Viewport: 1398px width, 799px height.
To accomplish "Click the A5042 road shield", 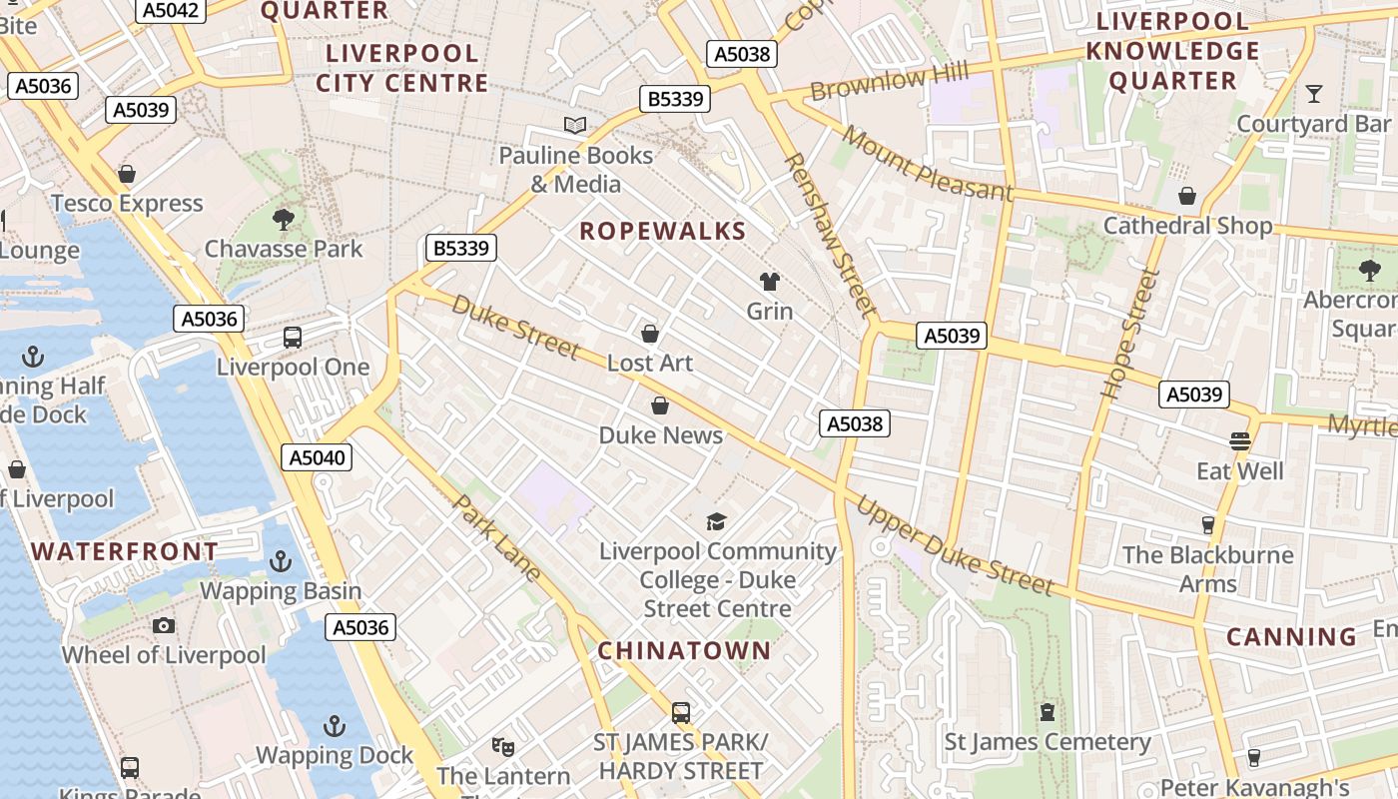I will tap(171, 10).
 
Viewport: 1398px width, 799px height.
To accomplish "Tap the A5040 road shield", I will tap(317, 457).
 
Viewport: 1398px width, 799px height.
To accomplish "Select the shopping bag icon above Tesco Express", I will tap(127, 175).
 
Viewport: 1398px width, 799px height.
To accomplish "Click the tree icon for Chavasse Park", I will tap(284, 219).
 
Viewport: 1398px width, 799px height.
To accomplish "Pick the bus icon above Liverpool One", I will tap(293, 338).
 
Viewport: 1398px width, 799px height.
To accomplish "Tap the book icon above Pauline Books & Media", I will tap(575, 126).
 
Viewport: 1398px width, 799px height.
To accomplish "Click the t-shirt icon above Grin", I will tap(770, 282).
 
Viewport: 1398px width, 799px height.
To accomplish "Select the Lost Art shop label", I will tap(650, 363).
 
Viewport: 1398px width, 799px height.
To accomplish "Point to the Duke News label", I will tap(661, 435).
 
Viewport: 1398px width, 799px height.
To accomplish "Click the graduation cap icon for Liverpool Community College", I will tap(716, 521).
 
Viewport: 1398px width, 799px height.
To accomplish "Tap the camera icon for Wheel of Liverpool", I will tap(164, 626).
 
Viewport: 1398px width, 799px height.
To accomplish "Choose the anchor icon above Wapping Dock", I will tap(335, 726).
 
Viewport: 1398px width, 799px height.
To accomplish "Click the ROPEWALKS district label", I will tap(663, 231).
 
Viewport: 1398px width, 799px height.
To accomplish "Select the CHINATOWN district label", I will tap(684, 650).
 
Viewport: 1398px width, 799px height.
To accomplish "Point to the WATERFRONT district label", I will tap(125, 551).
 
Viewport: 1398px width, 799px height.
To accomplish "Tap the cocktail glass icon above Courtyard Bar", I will tap(1314, 94).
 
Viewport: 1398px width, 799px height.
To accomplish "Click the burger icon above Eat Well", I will tap(1240, 441).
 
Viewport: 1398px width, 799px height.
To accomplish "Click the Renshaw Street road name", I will tap(830, 235).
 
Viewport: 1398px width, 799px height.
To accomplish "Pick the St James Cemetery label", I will tap(1048, 742).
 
